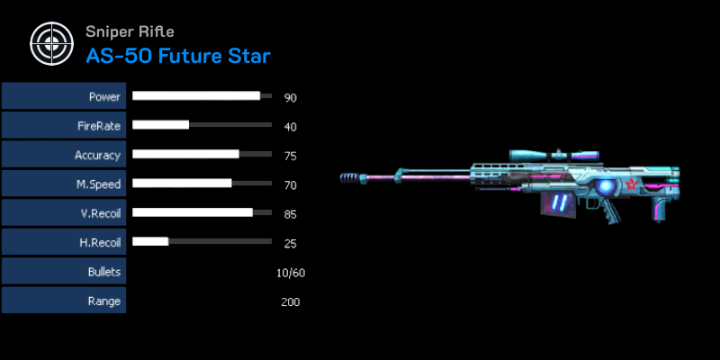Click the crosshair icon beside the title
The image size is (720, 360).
(x=51, y=43)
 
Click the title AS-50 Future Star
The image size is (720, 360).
(x=178, y=56)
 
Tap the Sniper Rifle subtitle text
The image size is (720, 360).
(x=130, y=31)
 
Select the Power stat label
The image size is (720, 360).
(x=104, y=97)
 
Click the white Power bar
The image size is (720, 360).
(x=196, y=95)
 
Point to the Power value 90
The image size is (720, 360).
(x=290, y=98)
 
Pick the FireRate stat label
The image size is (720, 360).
(x=99, y=126)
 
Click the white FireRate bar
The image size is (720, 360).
(x=161, y=124)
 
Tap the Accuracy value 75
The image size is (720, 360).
(x=290, y=156)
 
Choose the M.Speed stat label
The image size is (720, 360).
(x=99, y=184)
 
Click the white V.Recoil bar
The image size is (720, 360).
(x=193, y=212)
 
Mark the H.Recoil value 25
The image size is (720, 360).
(x=290, y=243)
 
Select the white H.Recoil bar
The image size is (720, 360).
(x=150, y=241)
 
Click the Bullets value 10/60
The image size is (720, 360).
(x=291, y=274)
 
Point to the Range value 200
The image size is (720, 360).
(x=290, y=302)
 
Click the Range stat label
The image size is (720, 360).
(x=104, y=301)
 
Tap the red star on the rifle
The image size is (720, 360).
(x=631, y=185)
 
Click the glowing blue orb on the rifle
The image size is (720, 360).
(x=606, y=186)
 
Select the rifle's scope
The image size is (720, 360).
(x=554, y=156)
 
